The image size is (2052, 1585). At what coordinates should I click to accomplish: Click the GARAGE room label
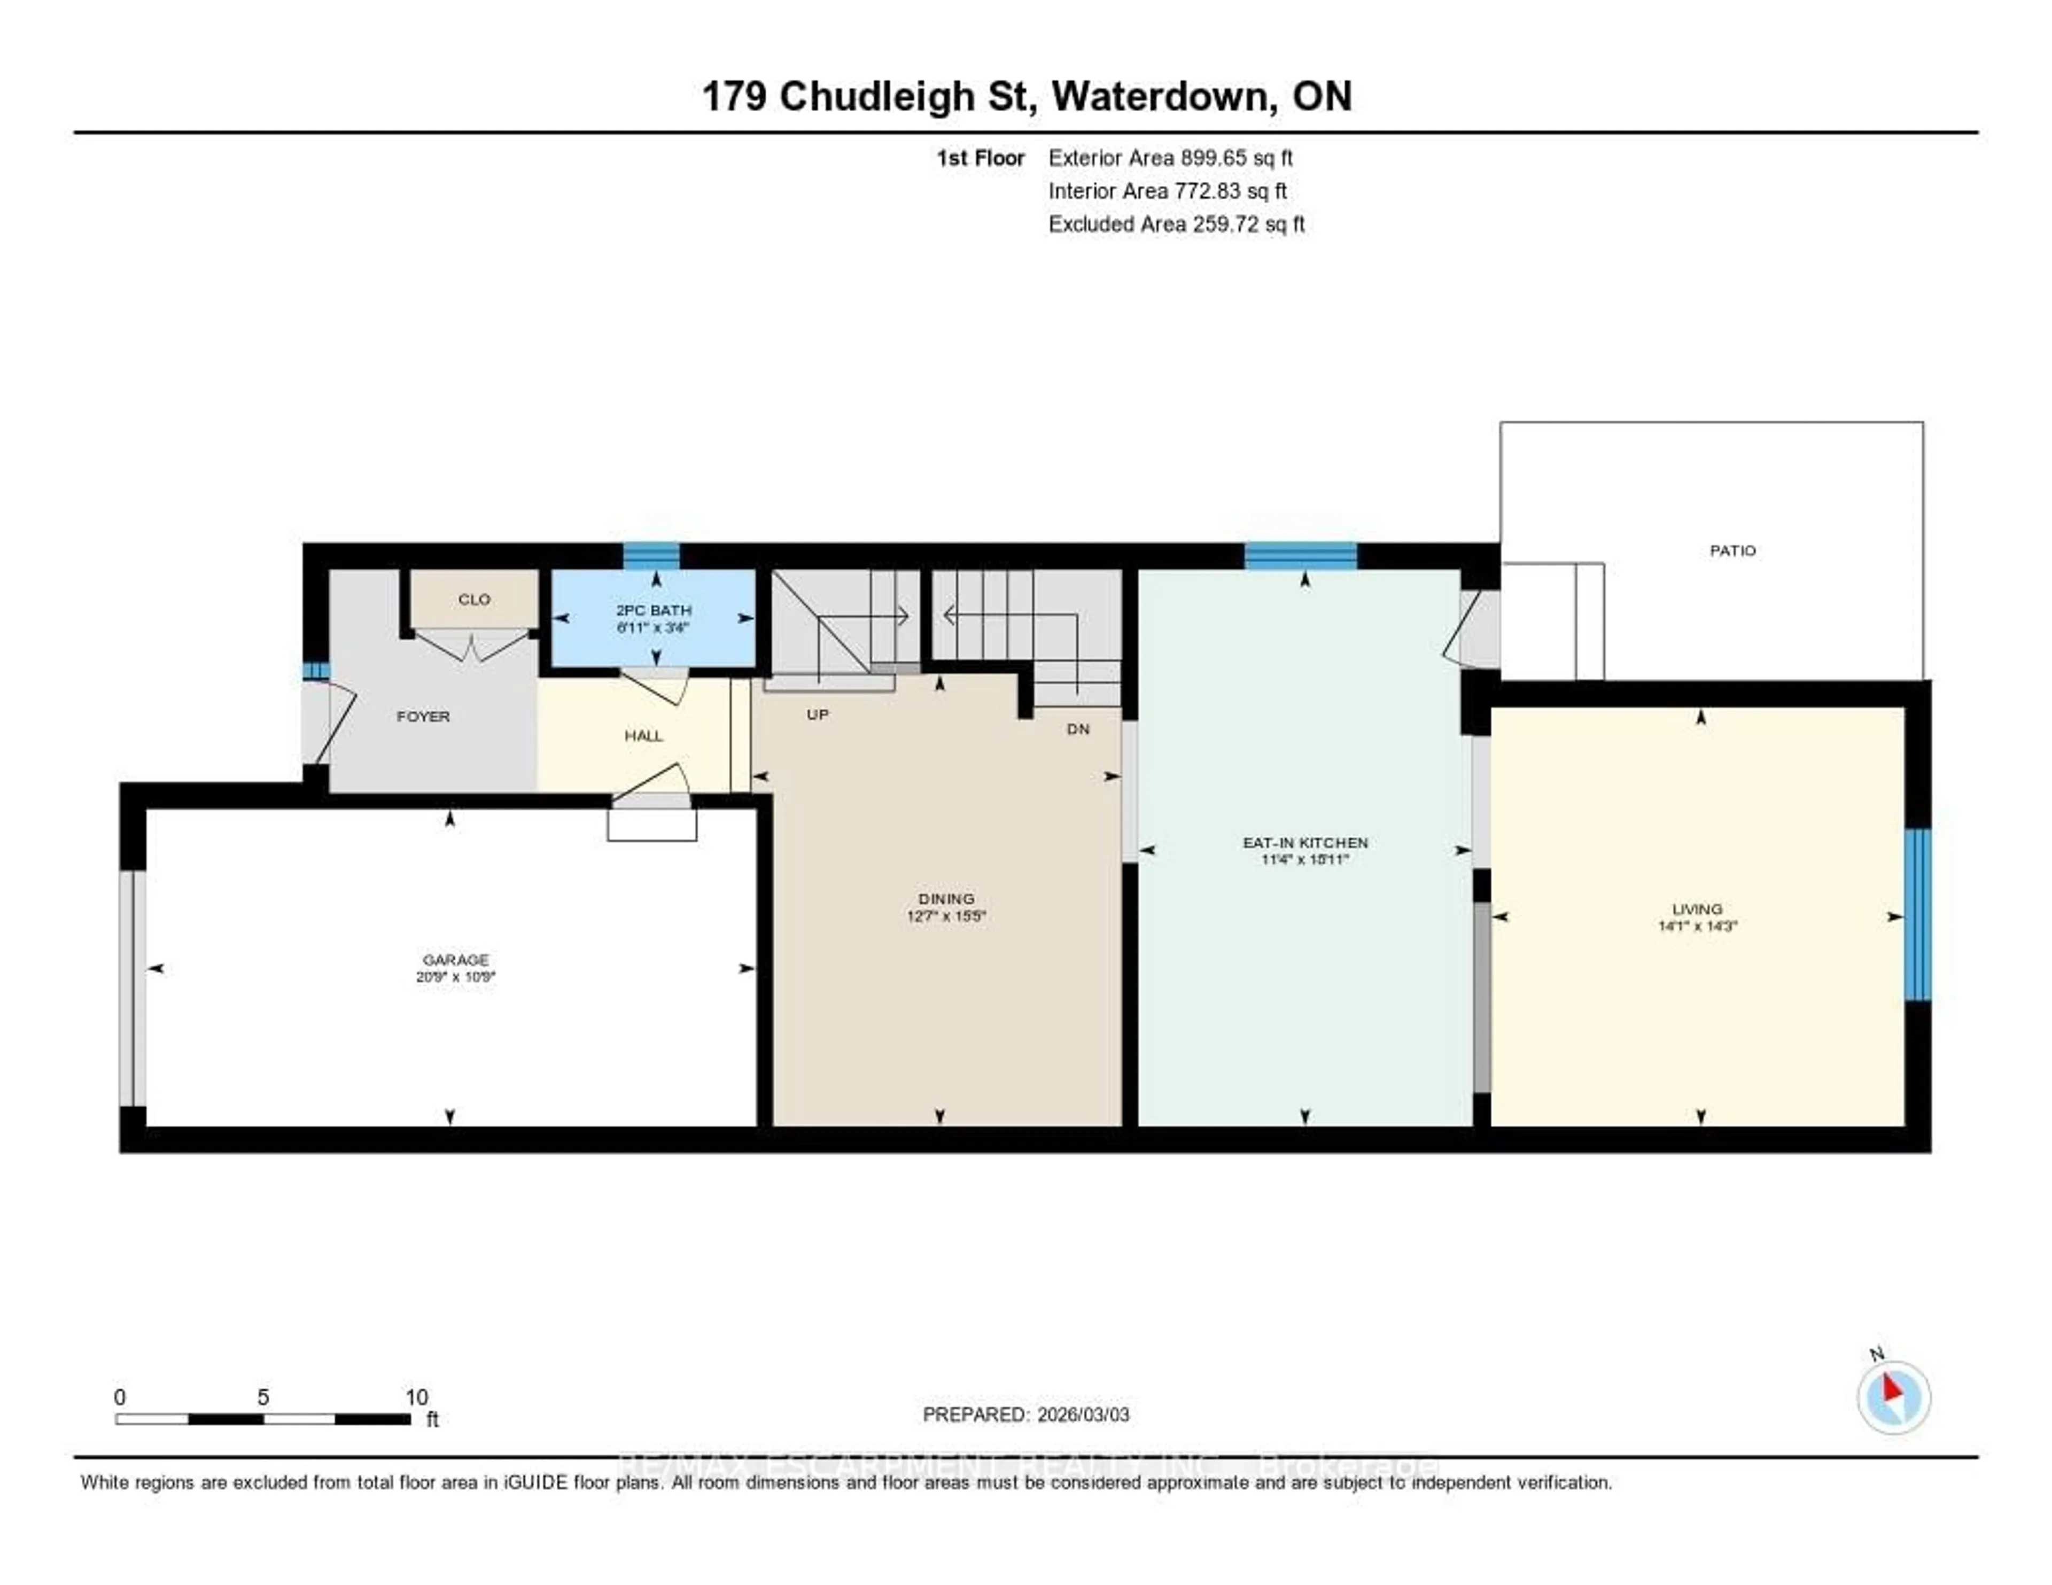[456, 959]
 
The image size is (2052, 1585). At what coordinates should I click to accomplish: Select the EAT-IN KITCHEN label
[1305, 843]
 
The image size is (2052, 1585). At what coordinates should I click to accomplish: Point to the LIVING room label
[1697, 908]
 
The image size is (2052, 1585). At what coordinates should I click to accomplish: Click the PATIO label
[1731, 550]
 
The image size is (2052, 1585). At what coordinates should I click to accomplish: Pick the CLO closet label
[475, 600]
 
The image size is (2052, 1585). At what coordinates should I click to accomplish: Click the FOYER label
[423, 716]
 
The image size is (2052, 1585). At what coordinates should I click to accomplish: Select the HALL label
[643, 736]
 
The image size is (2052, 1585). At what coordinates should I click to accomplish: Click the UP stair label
[818, 714]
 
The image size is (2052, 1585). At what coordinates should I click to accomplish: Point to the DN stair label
[1078, 729]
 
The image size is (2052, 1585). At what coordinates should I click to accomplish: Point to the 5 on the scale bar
[263, 1397]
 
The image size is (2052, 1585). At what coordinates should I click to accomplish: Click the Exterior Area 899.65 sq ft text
[1171, 158]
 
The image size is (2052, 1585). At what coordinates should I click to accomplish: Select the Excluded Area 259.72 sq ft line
[1176, 223]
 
